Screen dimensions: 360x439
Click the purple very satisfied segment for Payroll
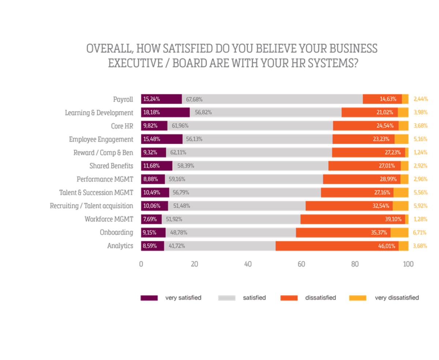(161, 99)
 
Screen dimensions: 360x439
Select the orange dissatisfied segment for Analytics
(337, 246)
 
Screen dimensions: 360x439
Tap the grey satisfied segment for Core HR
(250, 126)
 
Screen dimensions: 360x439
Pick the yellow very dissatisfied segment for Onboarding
(399, 232)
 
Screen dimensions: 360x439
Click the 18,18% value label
(151, 112)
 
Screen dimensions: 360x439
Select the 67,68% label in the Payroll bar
(194, 99)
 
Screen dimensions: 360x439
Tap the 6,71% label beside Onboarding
(420, 232)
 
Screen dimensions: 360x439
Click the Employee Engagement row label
(101, 139)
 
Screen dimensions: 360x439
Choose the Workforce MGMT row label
(109, 219)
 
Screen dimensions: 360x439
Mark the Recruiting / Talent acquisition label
(91, 206)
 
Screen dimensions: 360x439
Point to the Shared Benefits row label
(111, 166)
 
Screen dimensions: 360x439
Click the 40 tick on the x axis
(248, 264)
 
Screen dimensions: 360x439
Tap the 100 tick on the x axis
(408, 264)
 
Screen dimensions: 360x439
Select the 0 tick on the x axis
(141, 264)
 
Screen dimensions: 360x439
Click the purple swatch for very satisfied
(149, 298)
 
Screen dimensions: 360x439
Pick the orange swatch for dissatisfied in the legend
(289, 298)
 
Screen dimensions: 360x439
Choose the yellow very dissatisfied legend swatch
(357, 298)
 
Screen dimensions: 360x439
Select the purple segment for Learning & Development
(165, 112)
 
